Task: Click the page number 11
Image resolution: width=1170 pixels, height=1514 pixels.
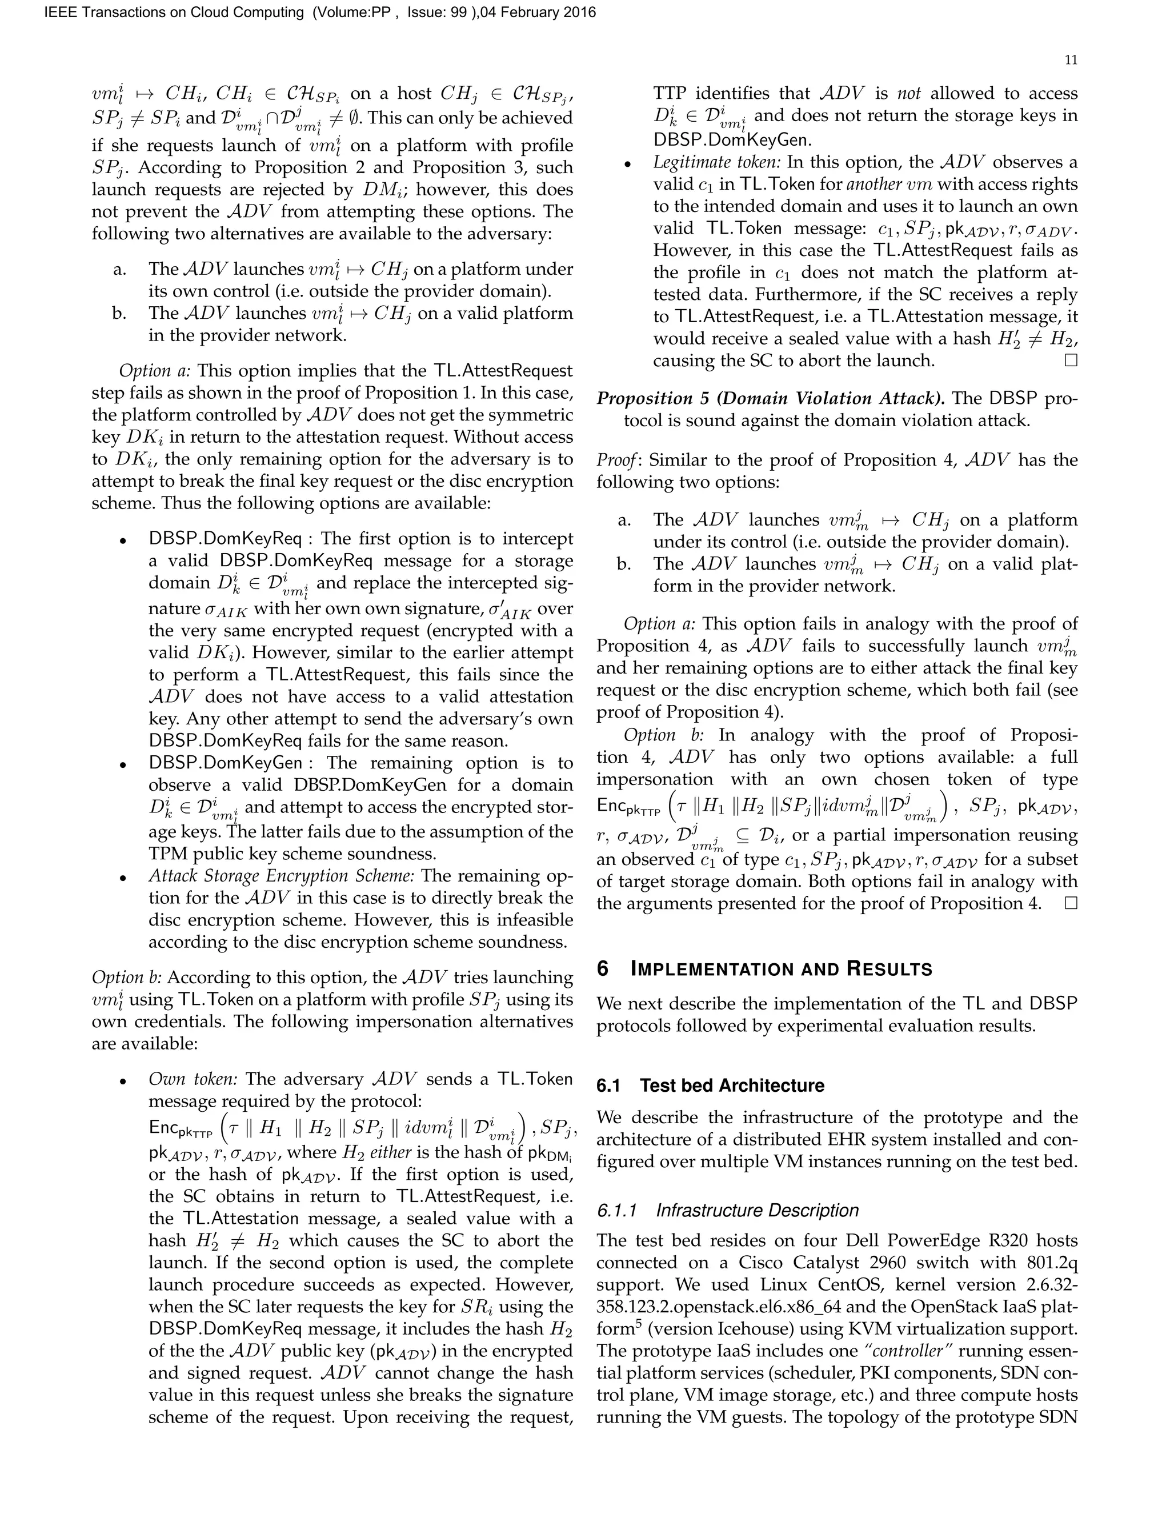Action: coord(1070,61)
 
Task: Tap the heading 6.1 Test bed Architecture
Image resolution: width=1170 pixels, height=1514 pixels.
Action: coord(711,1085)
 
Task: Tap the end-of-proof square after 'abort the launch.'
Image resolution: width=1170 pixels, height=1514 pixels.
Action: coord(1071,361)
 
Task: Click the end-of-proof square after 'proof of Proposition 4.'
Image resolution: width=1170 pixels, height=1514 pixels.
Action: coord(1071,903)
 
